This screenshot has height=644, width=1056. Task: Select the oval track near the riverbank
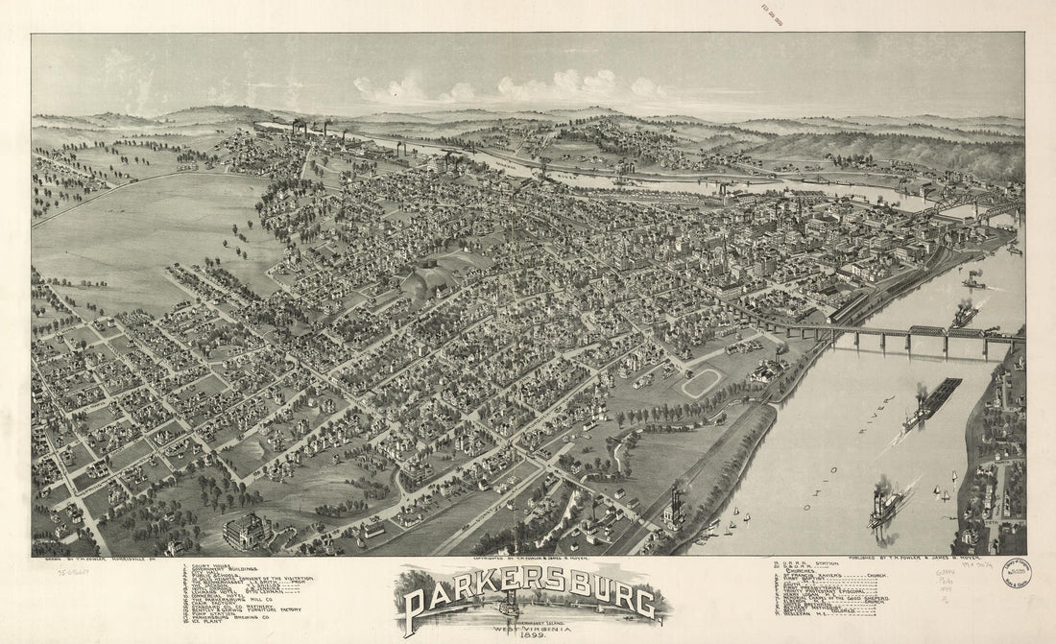coord(701,383)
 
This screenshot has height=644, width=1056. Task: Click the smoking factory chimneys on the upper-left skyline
coord(307,127)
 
